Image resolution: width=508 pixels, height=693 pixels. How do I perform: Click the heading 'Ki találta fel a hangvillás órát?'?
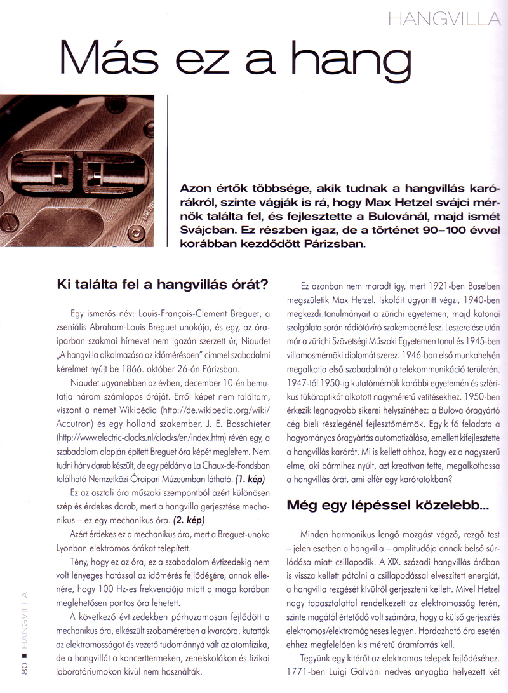click(x=162, y=281)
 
